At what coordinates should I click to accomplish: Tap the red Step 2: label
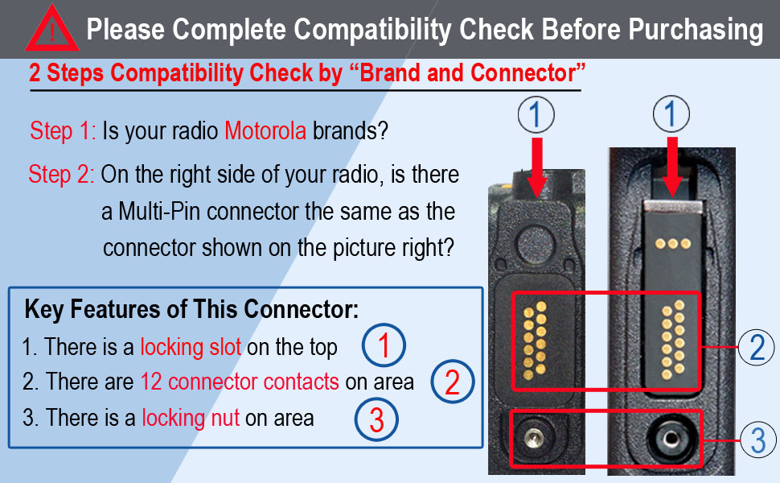61,175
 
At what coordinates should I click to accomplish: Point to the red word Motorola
265,131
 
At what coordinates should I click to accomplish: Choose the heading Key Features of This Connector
191,309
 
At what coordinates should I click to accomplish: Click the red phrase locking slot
191,347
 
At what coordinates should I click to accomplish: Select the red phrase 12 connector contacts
240,382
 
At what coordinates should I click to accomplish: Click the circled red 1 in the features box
384,346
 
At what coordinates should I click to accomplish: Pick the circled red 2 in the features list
452,382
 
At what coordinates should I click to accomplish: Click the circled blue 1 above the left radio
536,116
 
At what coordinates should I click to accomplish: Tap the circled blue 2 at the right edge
757,347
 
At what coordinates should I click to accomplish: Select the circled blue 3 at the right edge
757,440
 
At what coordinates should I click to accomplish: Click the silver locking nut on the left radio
530,437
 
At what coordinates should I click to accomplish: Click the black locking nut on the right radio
667,439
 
